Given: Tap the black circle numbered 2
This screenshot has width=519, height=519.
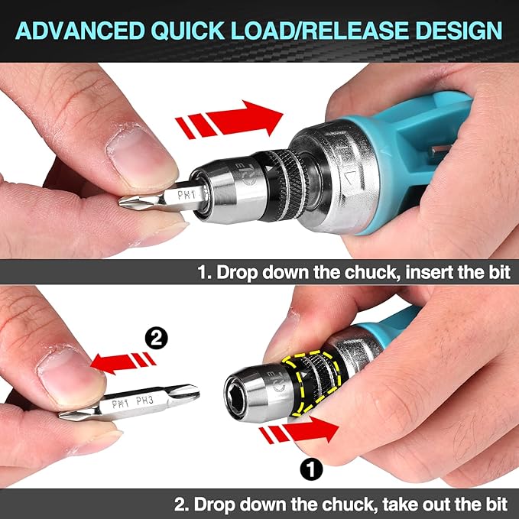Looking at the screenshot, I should pyautogui.click(x=154, y=335).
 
